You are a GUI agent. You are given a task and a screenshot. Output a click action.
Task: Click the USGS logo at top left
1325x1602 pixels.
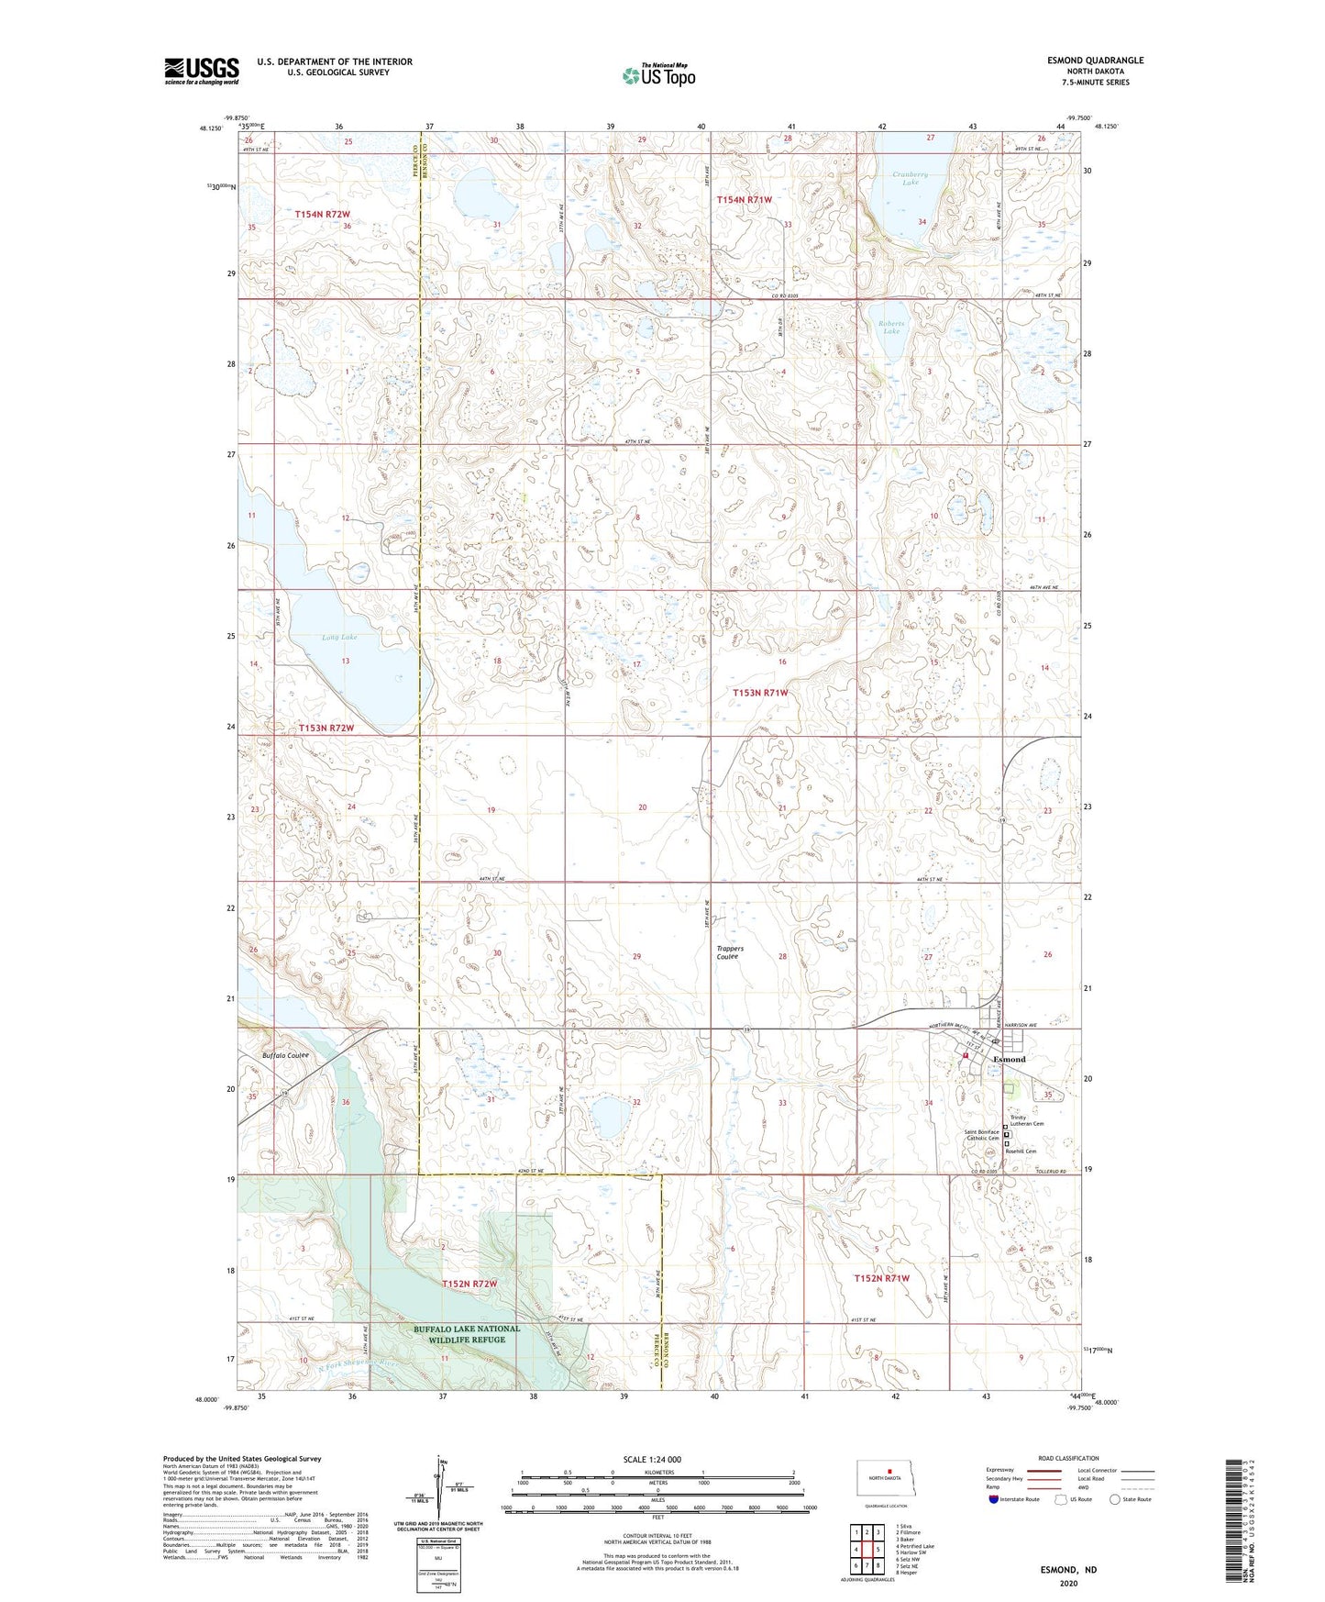point(202,71)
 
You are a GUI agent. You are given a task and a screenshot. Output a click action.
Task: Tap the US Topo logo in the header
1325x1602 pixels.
point(658,75)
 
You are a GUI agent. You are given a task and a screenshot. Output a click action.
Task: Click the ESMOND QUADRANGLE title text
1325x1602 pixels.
point(1095,61)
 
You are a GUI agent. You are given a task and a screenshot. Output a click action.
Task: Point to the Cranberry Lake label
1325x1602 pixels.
point(909,178)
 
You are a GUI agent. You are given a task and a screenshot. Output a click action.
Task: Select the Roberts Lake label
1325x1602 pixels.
point(890,328)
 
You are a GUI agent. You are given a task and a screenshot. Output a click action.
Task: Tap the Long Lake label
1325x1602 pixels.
point(338,637)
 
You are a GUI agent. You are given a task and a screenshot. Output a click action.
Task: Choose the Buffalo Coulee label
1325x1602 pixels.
point(285,1055)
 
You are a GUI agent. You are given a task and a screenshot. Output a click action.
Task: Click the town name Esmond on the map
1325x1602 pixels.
point(1010,1059)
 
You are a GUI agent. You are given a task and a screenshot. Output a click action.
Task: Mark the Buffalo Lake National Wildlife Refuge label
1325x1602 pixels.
point(467,1333)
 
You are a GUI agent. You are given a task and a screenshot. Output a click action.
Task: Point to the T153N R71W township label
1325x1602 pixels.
point(760,693)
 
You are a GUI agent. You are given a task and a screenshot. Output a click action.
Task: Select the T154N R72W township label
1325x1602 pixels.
point(322,214)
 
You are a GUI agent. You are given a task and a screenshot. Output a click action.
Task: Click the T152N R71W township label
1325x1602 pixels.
point(881,1278)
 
